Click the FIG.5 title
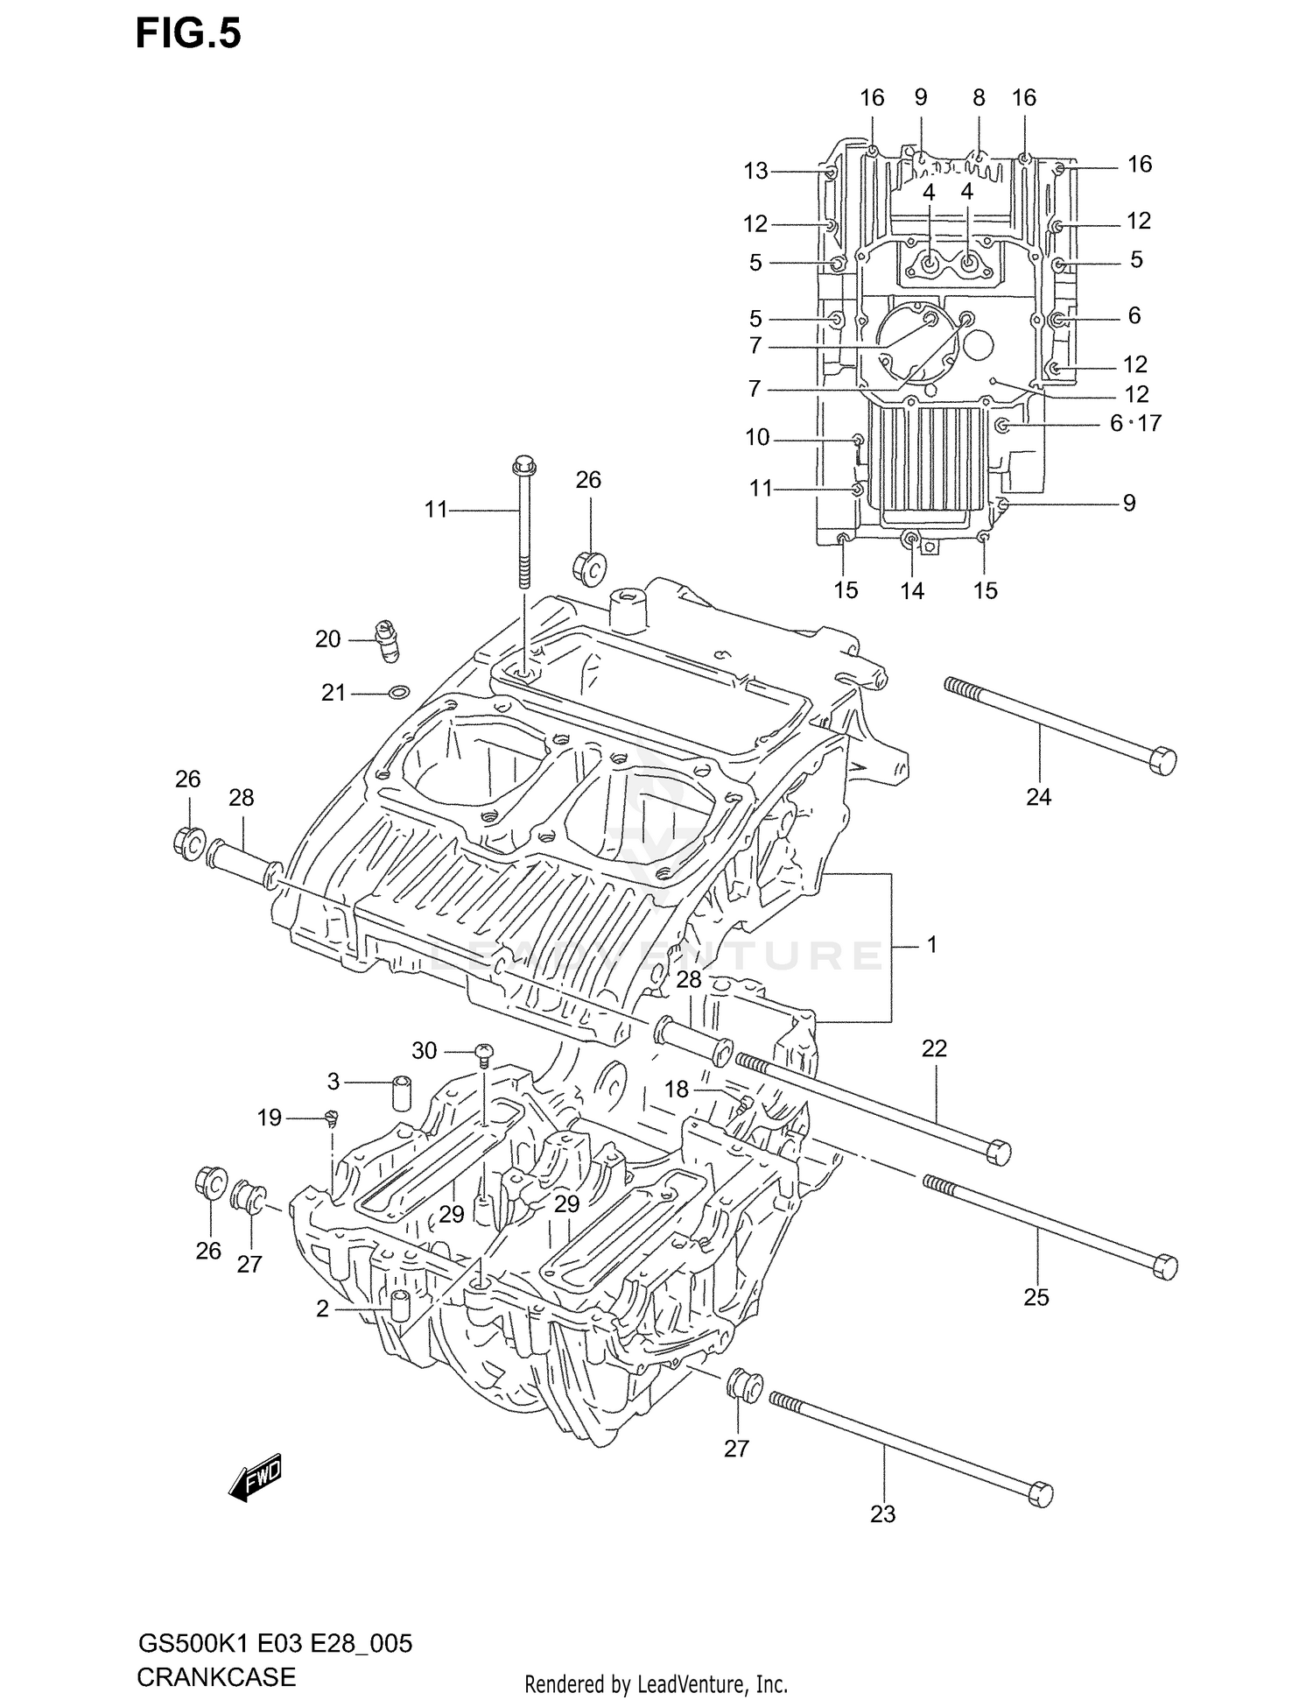tap(188, 34)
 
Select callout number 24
tap(1038, 797)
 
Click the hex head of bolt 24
tap(1161, 760)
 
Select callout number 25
tap(1036, 1296)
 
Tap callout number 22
tap(934, 1048)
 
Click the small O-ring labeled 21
tap(398, 694)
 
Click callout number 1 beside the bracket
tap(931, 944)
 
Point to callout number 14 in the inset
tap(911, 591)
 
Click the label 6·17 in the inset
tap(1134, 423)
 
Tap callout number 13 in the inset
tap(755, 171)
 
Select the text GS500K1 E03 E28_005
tap(274, 1643)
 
